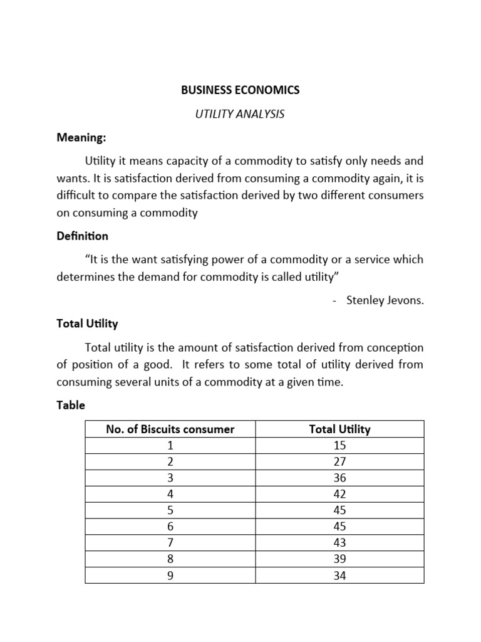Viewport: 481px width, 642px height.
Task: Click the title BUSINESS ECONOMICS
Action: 240,90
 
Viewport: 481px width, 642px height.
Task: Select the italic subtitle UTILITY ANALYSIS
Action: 240,114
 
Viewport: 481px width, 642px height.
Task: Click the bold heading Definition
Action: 82,236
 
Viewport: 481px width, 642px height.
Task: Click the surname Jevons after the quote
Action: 406,300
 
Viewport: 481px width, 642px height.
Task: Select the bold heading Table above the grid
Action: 71,405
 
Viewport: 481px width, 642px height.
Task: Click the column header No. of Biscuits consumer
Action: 170,429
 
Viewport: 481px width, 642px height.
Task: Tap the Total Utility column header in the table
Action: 339,429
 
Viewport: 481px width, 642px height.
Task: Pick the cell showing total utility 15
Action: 339,446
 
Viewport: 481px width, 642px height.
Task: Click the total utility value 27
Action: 339,462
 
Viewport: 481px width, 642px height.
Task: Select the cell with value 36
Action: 339,478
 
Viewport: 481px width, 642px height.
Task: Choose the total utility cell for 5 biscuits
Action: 339,510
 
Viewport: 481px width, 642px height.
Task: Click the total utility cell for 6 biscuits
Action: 339,527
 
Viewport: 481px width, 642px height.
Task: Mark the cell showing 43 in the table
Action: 339,543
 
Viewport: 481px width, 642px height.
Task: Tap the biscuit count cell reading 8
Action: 170,559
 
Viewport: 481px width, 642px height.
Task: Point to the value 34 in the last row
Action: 339,575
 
